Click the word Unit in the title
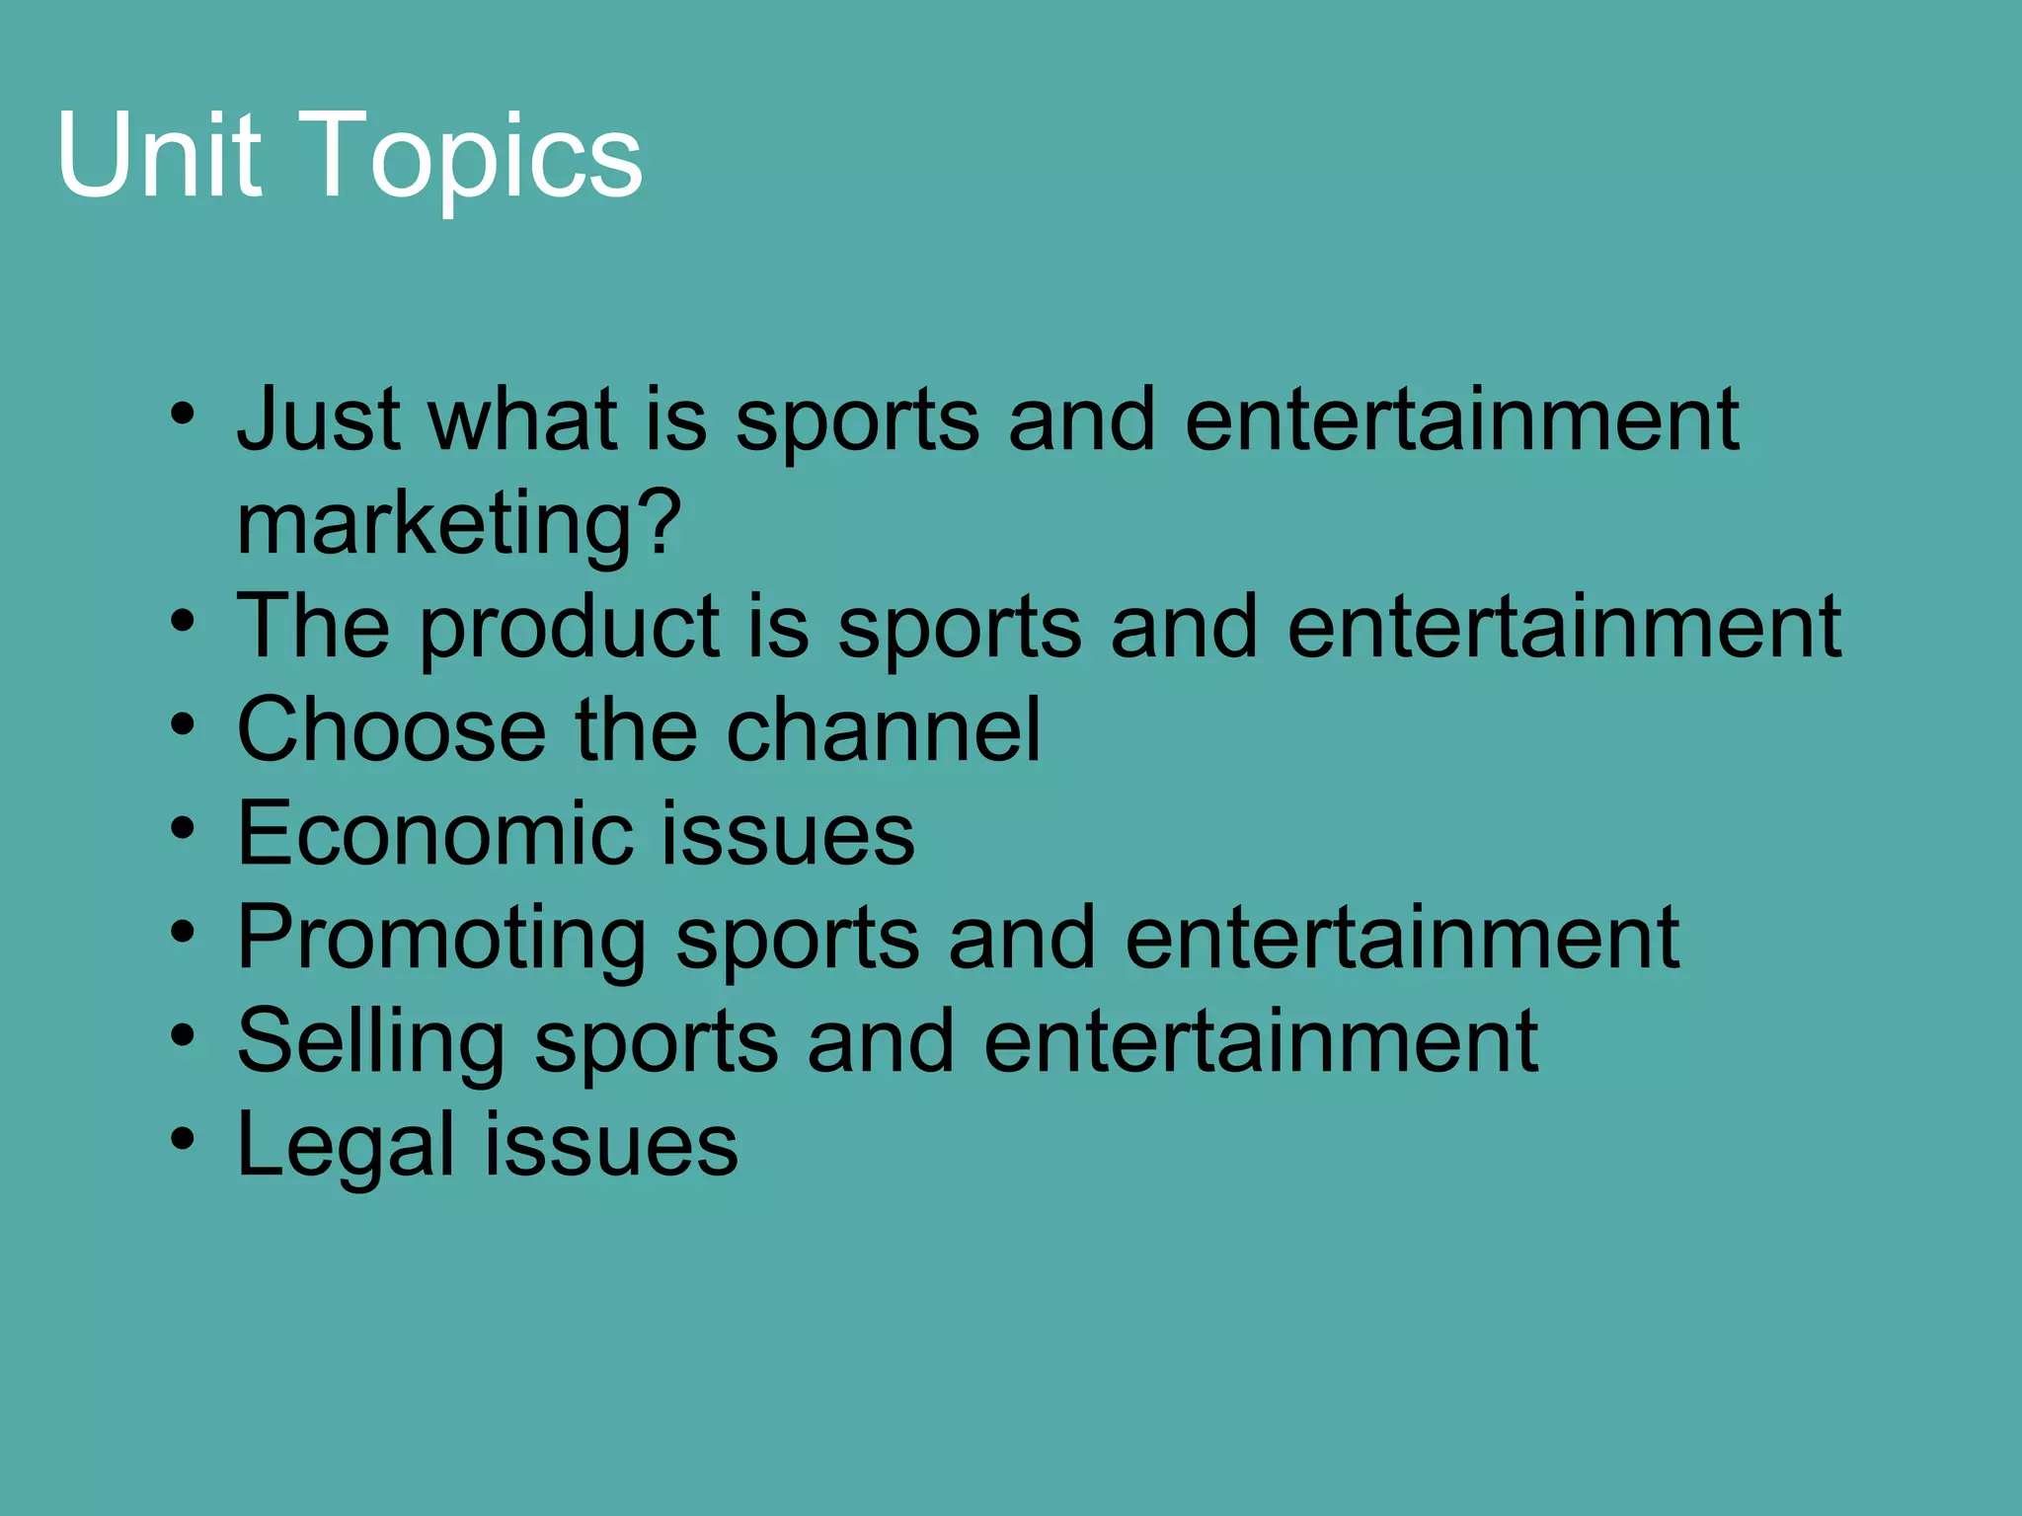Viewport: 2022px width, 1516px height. pos(159,155)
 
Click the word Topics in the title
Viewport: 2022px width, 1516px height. pos(478,158)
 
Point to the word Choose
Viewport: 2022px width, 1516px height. pos(391,730)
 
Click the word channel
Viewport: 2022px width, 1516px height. pos(884,730)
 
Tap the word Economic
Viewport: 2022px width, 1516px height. pos(434,834)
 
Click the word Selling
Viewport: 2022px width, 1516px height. pos(371,1042)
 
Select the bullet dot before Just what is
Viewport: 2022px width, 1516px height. pos(183,414)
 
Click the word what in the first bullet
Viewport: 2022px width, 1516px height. pos(523,419)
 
